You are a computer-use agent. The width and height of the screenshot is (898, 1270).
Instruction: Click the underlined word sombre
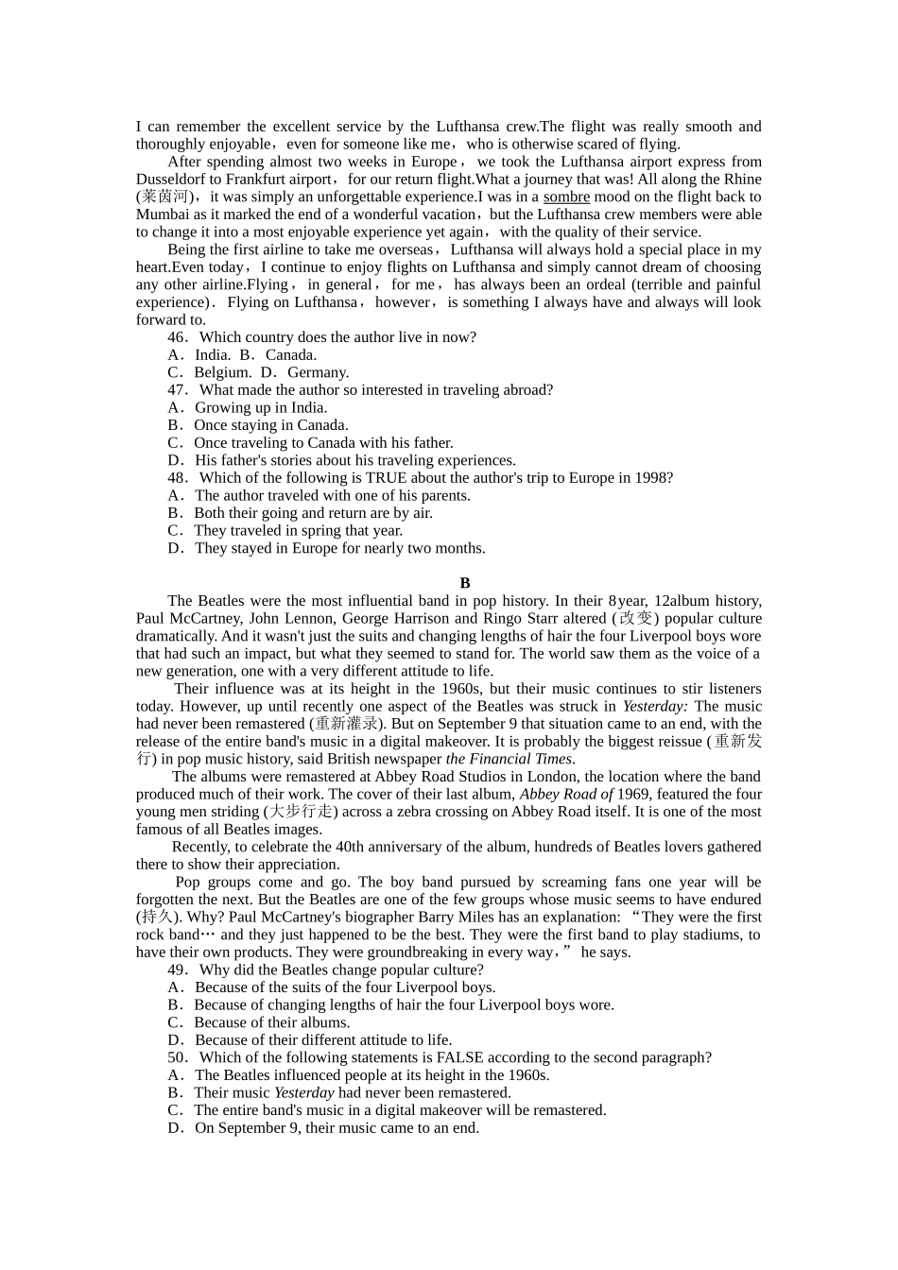coord(566,197)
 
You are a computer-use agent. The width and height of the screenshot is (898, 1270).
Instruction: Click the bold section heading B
coord(465,583)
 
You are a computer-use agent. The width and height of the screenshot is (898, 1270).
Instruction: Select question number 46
coord(177,337)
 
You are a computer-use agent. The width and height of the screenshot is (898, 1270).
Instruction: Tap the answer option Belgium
coord(216,372)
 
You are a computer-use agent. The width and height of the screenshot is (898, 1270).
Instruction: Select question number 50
coord(177,1057)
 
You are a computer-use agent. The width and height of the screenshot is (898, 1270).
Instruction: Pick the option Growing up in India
coord(260,407)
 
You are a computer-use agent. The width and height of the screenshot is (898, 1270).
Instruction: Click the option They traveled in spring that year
coord(298,530)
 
